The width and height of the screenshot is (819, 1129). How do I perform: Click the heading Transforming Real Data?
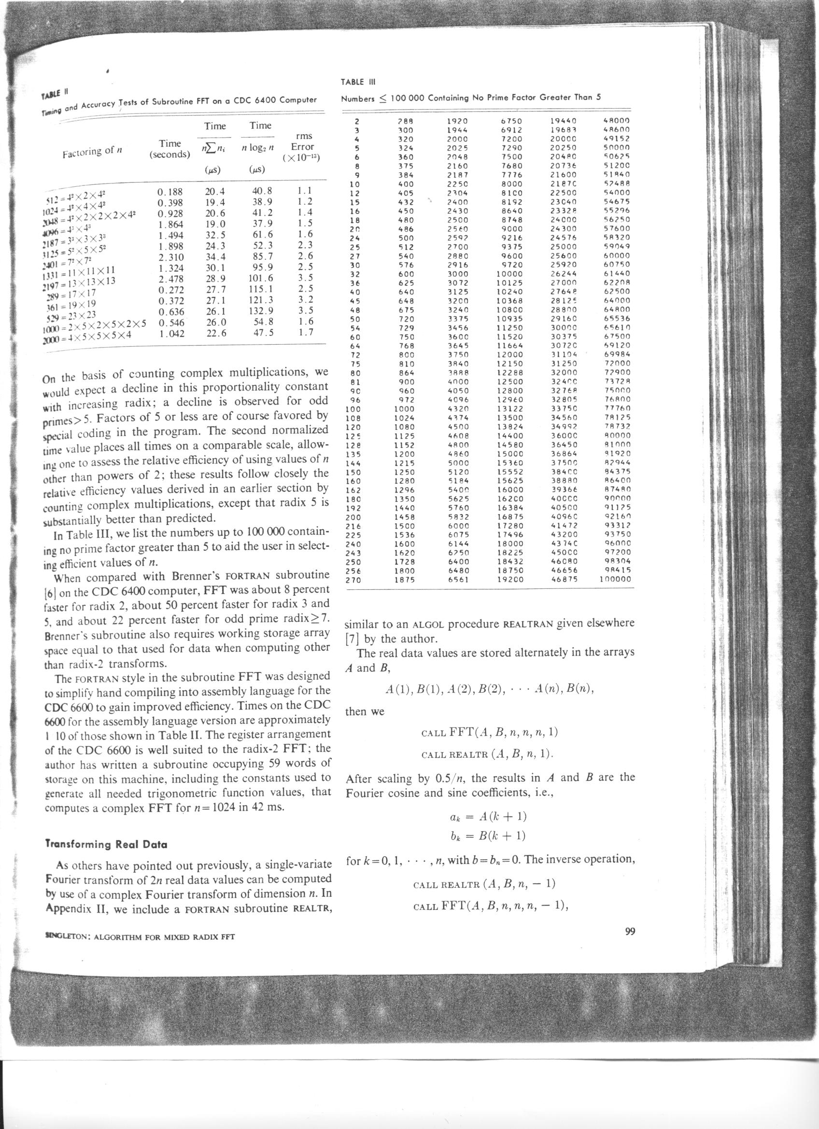point(106,844)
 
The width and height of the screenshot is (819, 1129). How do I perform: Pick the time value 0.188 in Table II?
point(170,192)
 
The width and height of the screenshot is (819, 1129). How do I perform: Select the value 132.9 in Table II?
point(260,311)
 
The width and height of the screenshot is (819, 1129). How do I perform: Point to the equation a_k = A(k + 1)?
point(485,816)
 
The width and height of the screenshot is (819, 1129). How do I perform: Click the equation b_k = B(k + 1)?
point(485,835)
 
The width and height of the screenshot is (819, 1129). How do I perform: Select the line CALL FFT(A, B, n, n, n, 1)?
point(489,732)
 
